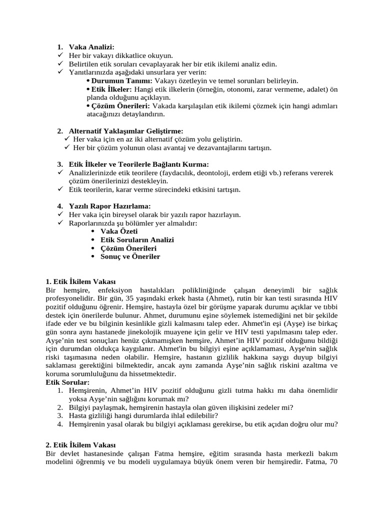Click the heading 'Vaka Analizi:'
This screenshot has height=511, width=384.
pyautogui.click(x=92, y=47)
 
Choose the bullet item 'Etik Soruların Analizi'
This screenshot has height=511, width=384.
pyautogui.click(x=137, y=240)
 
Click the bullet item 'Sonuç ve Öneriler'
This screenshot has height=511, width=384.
pyautogui.click(x=130, y=256)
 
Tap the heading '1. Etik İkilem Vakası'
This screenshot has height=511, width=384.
pyautogui.click(x=80, y=281)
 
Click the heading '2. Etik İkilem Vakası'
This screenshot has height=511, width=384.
pyautogui.click(x=80, y=445)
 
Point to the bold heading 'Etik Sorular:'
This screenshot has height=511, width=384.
pyautogui.click(x=67, y=382)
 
